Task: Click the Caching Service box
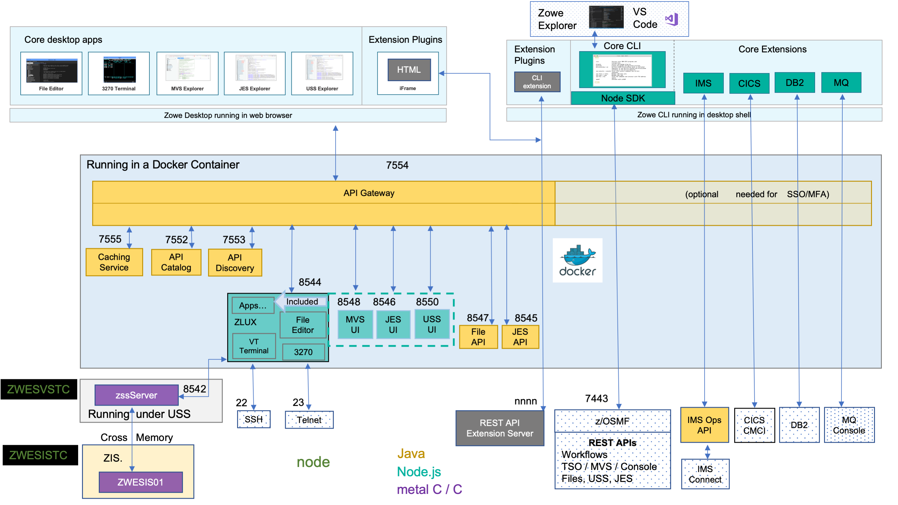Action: [114, 262]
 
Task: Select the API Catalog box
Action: [176, 262]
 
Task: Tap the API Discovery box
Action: [235, 263]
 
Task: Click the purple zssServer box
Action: [136, 395]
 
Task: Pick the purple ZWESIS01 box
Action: [140, 482]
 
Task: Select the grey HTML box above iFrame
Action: [409, 70]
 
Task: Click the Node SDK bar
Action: [623, 98]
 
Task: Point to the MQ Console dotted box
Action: [849, 425]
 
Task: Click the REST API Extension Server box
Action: [499, 428]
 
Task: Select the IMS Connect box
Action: [705, 474]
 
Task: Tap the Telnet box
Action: [309, 420]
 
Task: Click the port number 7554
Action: [397, 165]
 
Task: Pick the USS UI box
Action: [431, 324]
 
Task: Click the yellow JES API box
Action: [520, 337]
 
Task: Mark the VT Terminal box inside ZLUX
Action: [254, 346]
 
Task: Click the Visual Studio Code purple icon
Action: [672, 19]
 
